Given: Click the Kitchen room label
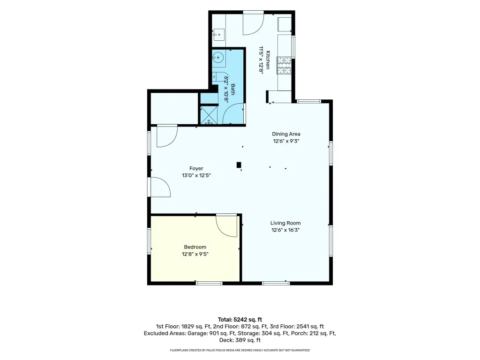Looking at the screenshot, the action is point(268,60).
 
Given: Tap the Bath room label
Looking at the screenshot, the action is point(233,90).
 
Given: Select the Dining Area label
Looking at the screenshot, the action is point(286,134).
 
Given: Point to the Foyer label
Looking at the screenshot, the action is point(196,168).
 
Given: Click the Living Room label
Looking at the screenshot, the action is point(285,223).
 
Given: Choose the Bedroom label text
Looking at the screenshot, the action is point(195,247).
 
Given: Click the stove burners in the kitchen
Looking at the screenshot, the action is point(284,65).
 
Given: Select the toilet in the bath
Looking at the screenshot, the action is point(218,76).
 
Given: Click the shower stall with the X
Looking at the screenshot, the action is point(209,115).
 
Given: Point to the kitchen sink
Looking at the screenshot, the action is point(219,35).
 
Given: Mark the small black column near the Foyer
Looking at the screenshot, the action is point(239,165).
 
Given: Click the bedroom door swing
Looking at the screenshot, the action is point(226,225).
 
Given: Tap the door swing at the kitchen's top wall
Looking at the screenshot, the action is point(254,23).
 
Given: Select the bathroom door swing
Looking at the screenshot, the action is point(233,113).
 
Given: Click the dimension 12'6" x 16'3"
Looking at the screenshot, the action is point(285,230).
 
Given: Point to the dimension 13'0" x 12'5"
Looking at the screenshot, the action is point(196,175).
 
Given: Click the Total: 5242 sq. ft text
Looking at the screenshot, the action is point(240,320).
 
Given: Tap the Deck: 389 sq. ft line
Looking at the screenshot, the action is point(240,340).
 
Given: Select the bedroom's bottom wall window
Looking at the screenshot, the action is point(209,283).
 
